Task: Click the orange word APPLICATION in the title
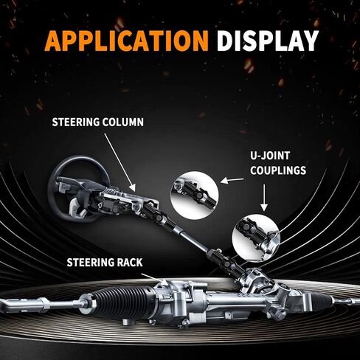click(x=127, y=41)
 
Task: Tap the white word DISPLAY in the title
click(x=268, y=41)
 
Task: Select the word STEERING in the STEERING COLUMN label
click(x=76, y=122)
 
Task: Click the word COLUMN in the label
click(x=123, y=122)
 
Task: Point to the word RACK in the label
click(x=130, y=263)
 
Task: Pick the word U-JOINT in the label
click(x=270, y=156)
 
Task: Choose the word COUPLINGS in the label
click(x=278, y=170)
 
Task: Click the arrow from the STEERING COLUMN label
click(x=120, y=162)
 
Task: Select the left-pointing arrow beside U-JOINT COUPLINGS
click(x=232, y=181)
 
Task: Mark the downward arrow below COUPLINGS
click(x=264, y=198)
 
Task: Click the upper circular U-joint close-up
click(x=195, y=195)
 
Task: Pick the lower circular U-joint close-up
click(x=256, y=238)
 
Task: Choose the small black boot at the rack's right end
click(x=322, y=299)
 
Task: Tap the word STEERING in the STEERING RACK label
click(x=91, y=263)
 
